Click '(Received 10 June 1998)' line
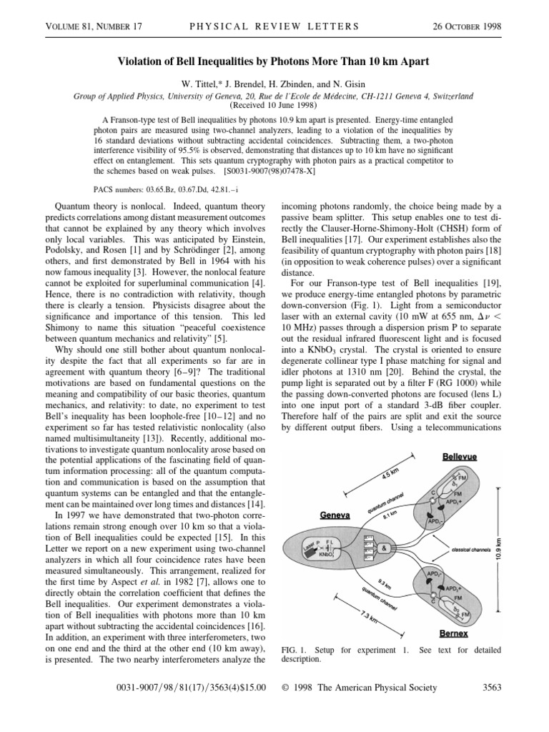(x=274, y=104)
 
